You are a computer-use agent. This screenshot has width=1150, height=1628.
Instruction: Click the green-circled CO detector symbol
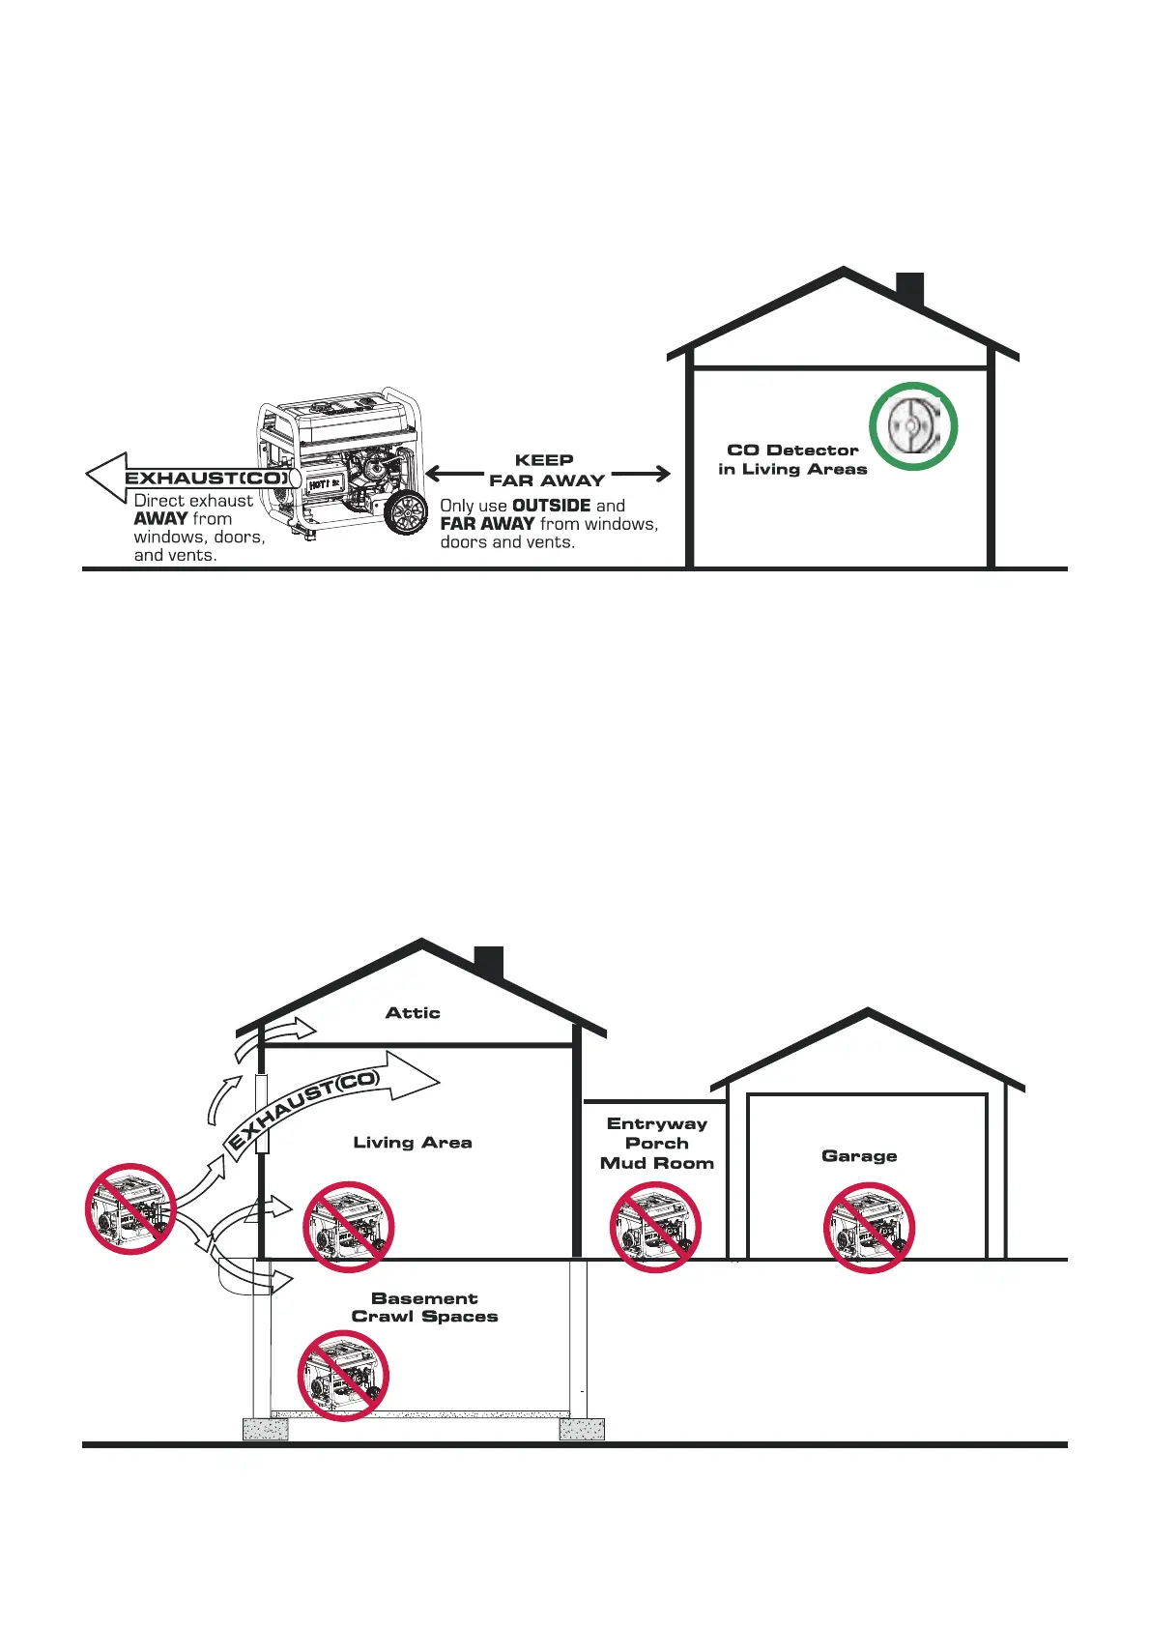pyautogui.click(x=912, y=426)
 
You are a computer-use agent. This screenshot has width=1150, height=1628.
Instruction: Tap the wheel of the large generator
pyautogui.click(x=407, y=511)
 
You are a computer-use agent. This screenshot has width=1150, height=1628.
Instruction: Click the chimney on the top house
pyautogui.click(x=909, y=289)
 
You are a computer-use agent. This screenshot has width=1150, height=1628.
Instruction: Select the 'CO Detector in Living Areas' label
pyautogui.click(x=792, y=459)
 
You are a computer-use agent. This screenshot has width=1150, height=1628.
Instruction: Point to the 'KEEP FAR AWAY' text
pyautogui.click(x=546, y=471)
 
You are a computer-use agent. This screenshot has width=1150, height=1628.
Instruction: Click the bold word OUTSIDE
pyautogui.click(x=551, y=506)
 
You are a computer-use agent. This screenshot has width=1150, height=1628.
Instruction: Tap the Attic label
pyautogui.click(x=413, y=1013)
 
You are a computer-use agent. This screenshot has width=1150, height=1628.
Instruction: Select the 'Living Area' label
pyautogui.click(x=413, y=1143)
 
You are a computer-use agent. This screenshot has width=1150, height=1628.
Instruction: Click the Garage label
pyautogui.click(x=859, y=1156)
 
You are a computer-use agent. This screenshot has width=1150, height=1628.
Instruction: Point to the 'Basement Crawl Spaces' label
pyautogui.click(x=424, y=1308)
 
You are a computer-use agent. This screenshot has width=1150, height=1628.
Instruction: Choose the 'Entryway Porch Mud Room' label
pyautogui.click(x=657, y=1144)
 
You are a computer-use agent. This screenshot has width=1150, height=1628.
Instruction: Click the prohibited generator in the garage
pyautogui.click(x=869, y=1228)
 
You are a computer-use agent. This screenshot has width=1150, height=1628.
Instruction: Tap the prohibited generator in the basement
pyautogui.click(x=342, y=1376)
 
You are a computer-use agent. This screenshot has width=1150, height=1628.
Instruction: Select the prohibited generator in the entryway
pyautogui.click(x=655, y=1228)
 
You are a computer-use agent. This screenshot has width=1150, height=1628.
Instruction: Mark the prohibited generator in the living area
pyautogui.click(x=349, y=1227)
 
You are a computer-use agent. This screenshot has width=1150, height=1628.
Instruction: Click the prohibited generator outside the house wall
pyautogui.click(x=130, y=1209)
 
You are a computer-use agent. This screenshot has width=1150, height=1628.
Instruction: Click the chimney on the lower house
pyautogui.click(x=489, y=961)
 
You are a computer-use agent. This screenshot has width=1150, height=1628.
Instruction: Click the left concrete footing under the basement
pyautogui.click(x=265, y=1429)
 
